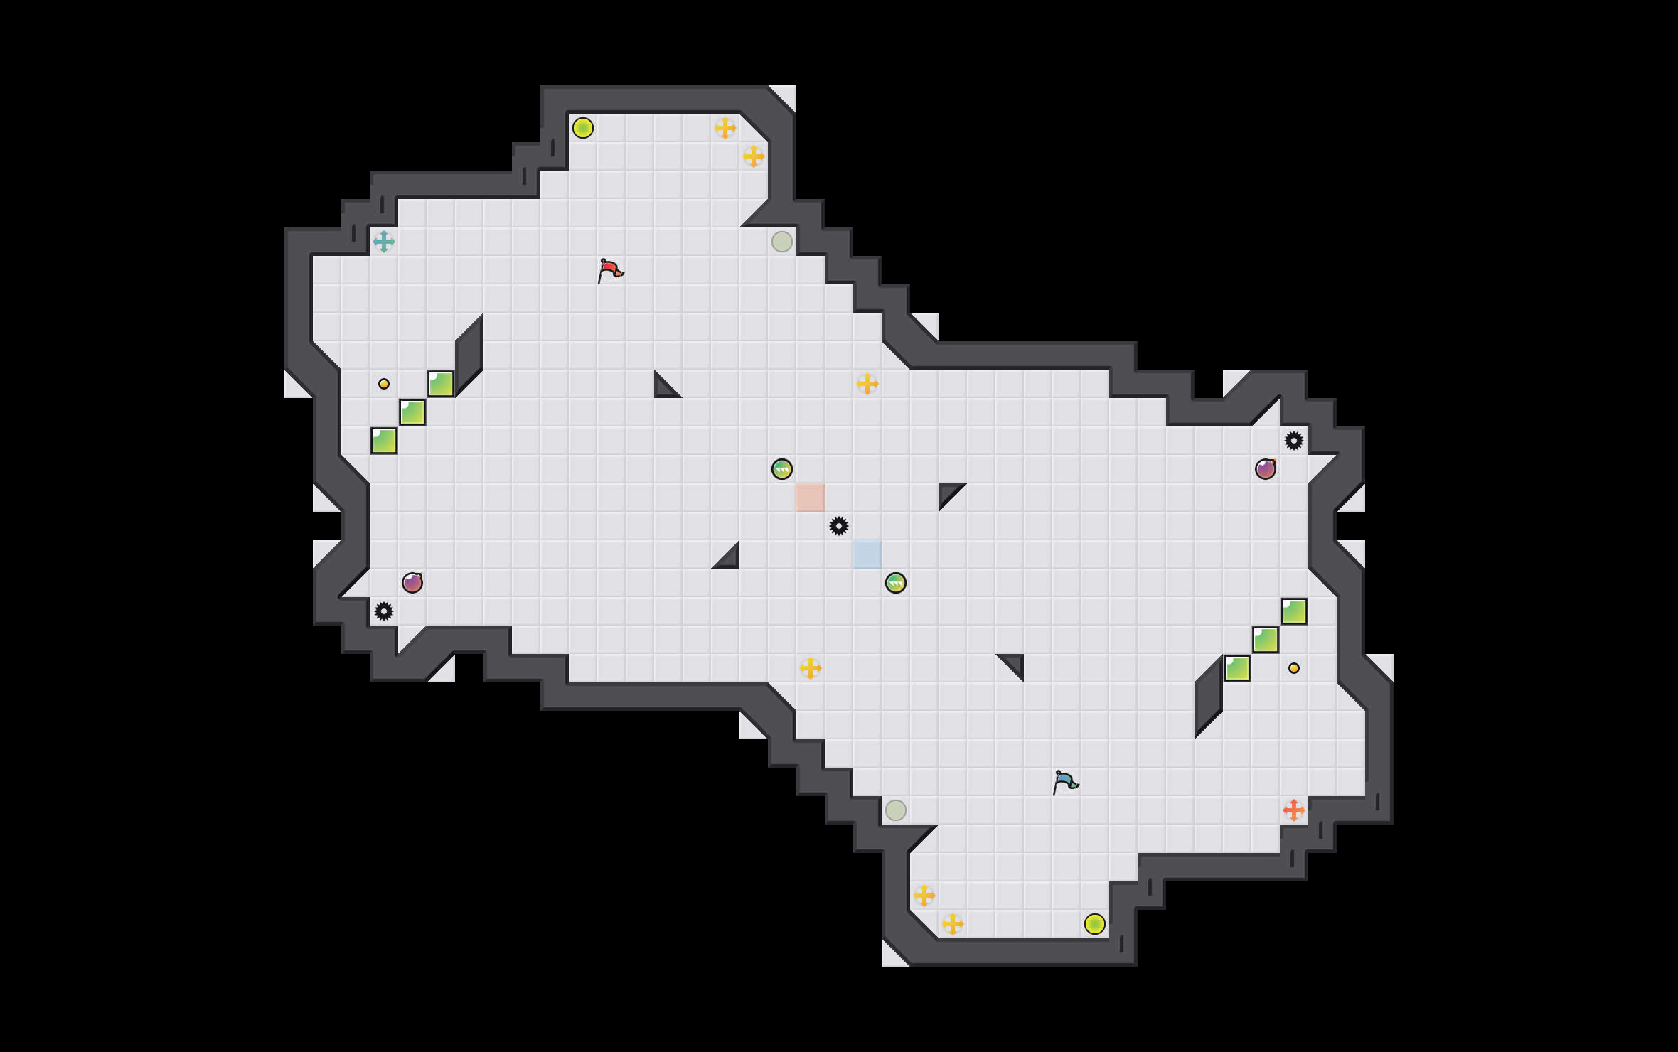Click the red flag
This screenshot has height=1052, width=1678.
pos(610,270)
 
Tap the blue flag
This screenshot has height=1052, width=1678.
pos(1065,782)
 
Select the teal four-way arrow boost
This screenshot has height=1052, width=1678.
pos(384,242)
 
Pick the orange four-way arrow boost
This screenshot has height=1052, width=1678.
pos(1294,810)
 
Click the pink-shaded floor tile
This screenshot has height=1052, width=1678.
pos(811,498)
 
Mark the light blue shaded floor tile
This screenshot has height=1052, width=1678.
pos(867,554)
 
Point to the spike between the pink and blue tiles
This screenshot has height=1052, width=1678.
pos(839,526)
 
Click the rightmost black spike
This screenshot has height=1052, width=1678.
pos(1294,441)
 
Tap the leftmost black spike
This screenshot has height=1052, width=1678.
pos(384,611)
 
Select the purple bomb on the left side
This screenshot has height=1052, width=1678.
pos(412,583)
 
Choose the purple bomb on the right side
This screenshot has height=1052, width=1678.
pos(1266,469)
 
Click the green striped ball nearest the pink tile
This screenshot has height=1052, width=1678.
pos(782,469)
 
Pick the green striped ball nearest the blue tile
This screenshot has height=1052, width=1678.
pos(896,583)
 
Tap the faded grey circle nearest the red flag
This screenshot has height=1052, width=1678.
pos(782,242)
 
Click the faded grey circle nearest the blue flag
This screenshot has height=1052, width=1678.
pos(896,810)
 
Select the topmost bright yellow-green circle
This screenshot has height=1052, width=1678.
pos(583,128)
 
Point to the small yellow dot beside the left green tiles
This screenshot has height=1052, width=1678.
pos(384,384)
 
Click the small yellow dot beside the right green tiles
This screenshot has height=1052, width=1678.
pos(1294,668)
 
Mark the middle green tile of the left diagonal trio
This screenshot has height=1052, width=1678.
pos(412,412)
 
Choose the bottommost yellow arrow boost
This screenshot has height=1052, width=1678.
pos(953,924)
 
